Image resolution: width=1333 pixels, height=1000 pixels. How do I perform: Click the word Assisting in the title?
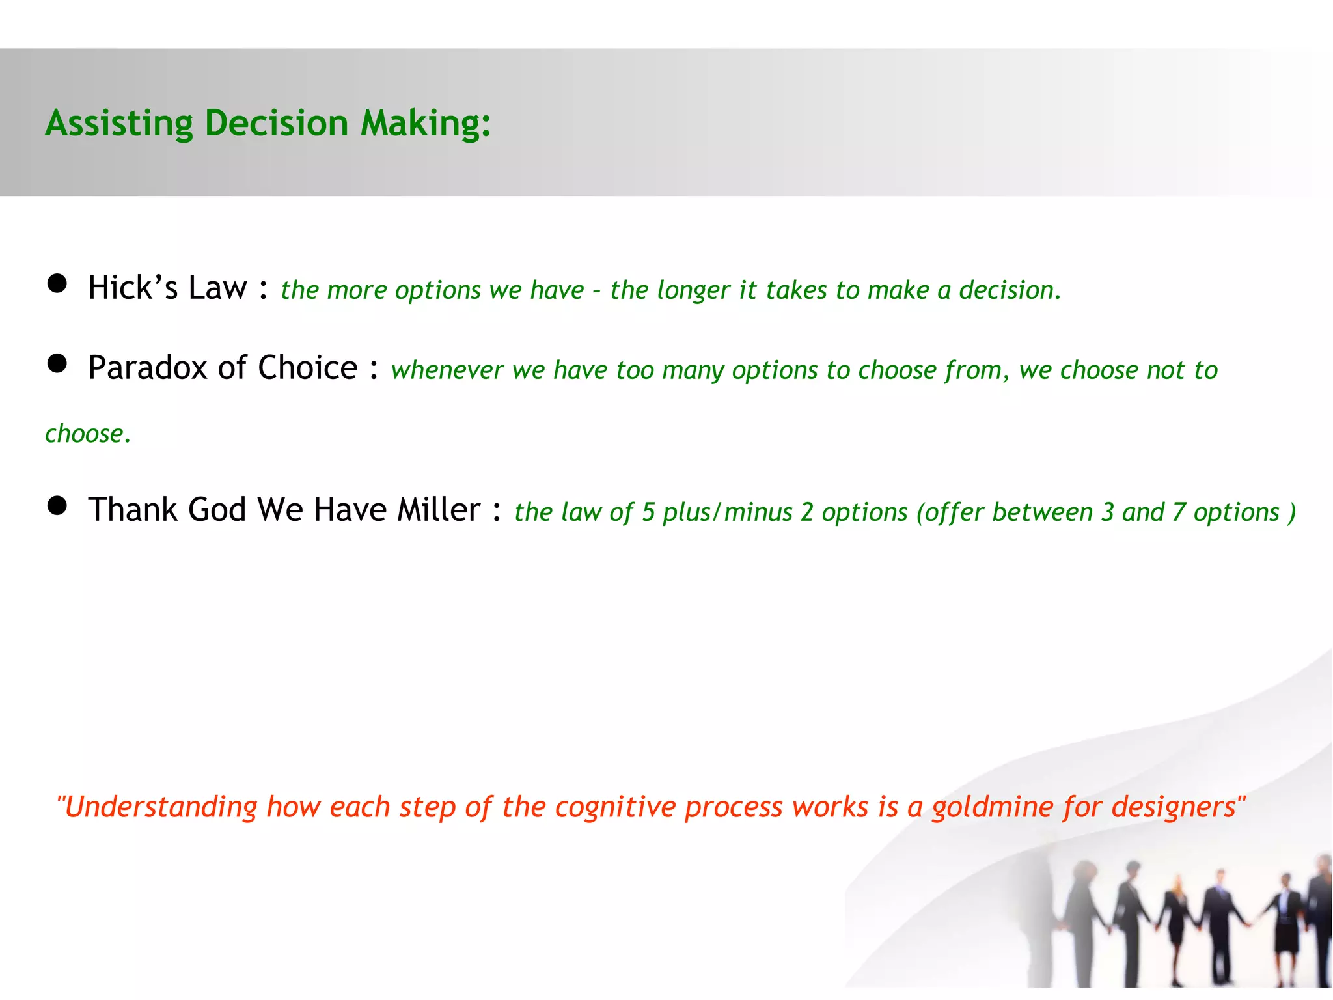click(119, 123)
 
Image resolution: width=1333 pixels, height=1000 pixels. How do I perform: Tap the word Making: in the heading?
click(426, 123)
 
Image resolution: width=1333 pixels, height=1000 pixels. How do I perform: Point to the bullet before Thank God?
click(57, 505)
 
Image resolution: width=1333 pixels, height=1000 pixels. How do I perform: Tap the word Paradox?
click(148, 368)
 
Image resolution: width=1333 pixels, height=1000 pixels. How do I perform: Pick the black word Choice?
click(308, 368)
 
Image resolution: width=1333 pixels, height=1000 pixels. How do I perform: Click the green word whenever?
click(447, 370)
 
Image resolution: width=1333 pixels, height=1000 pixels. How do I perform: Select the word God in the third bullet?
click(217, 510)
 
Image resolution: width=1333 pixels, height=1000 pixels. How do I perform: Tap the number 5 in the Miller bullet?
click(648, 512)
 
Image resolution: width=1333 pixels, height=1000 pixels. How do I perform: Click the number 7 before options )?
click(1178, 512)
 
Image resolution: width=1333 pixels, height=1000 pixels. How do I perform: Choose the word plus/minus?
click(728, 512)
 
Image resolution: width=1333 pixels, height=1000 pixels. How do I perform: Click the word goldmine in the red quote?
click(993, 807)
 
